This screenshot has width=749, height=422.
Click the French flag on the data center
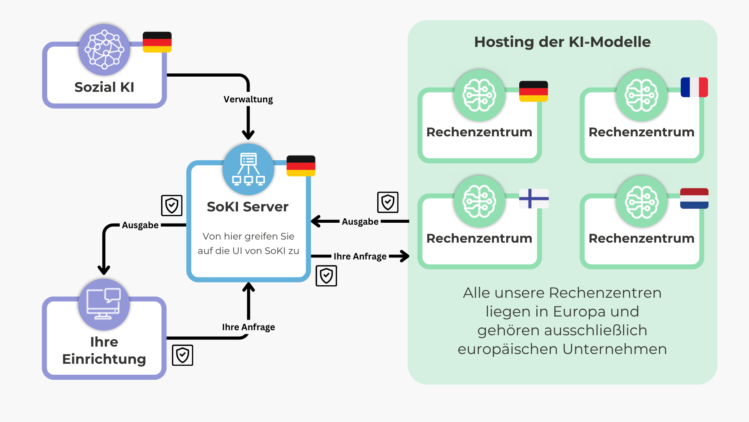(694, 87)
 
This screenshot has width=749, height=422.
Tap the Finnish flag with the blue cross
(534, 198)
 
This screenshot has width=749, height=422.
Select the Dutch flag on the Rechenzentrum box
(694, 198)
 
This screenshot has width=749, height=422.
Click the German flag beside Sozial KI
(157, 42)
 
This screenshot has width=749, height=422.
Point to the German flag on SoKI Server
(301, 166)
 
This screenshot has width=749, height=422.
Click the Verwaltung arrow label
(248, 99)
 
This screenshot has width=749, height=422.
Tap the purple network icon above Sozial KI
(104, 50)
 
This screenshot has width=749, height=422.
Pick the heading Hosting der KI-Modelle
(562, 42)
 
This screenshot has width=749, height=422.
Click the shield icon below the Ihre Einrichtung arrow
(183, 355)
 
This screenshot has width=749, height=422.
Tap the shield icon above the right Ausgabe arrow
(388, 202)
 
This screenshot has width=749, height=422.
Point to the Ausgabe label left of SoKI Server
(140, 225)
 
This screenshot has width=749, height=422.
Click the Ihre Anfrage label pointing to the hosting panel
(360, 256)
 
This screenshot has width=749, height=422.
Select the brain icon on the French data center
(641, 95)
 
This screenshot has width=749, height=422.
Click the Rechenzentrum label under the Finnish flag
(479, 238)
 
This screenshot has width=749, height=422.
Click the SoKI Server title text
(248, 207)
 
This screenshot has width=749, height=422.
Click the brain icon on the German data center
(479, 95)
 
